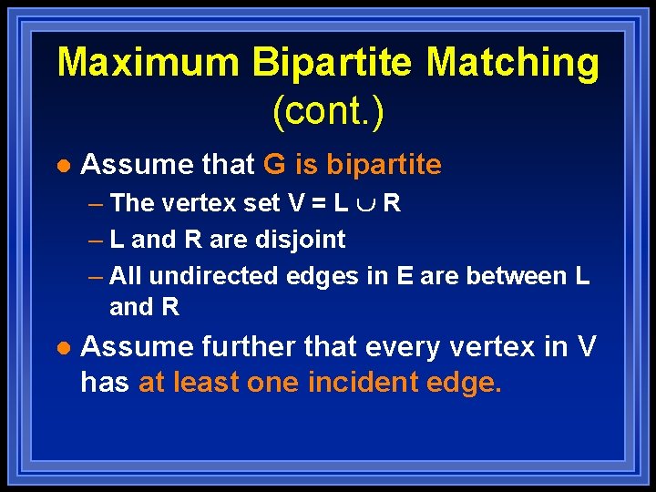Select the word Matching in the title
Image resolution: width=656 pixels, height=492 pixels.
pyautogui.click(x=513, y=63)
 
